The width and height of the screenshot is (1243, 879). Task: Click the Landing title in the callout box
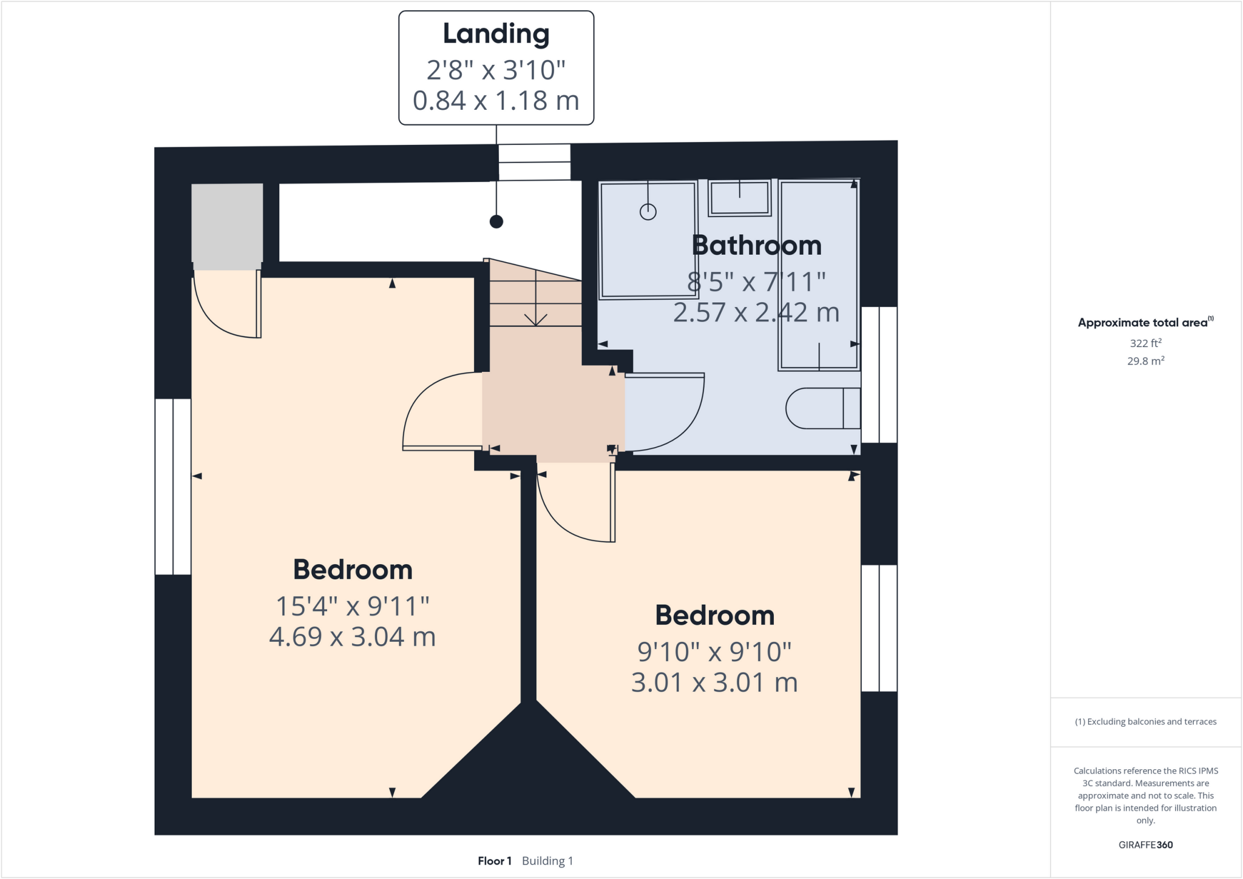(x=496, y=34)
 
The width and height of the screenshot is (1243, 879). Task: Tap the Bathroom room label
(x=756, y=246)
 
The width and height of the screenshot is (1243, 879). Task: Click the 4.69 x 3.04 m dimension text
(x=352, y=637)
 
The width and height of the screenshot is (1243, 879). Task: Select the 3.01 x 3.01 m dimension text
(x=714, y=682)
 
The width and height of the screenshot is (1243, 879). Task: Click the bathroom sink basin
(x=739, y=198)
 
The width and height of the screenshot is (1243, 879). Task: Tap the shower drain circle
(x=648, y=212)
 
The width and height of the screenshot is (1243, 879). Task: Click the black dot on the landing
(x=496, y=222)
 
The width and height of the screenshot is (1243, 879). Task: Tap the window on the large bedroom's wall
(x=173, y=487)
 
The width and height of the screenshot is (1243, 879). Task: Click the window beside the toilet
(x=879, y=374)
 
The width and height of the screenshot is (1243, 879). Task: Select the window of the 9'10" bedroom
(x=879, y=628)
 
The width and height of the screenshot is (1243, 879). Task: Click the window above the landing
(x=534, y=162)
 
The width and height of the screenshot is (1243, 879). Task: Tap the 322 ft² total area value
(x=1145, y=343)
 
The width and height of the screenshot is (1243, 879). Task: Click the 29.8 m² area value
(x=1145, y=361)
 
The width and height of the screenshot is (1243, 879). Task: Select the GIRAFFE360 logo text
(x=1145, y=844)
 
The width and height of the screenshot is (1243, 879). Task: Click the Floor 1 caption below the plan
(x=495, y=861)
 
